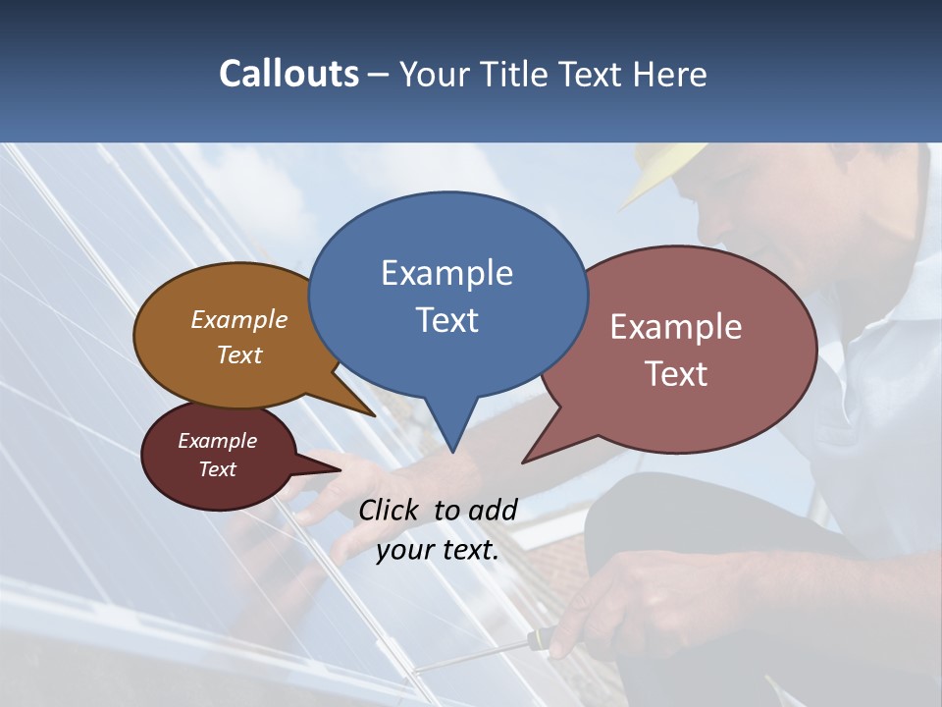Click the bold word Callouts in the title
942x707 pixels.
click(288, 74)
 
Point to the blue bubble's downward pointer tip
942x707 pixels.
click(452, 451)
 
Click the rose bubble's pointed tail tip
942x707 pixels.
click(524, 461)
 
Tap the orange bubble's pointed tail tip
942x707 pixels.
click(373, 414)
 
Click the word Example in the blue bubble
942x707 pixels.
click(446, 273)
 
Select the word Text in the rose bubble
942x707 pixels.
click(676, 374)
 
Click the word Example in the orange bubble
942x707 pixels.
click(239, 320)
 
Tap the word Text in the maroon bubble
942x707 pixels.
click(217, 469)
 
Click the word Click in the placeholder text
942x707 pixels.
click(391, 510)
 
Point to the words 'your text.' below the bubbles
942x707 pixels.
click(438, 551)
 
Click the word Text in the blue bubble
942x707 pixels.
click(446, 320)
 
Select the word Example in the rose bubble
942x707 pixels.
click(676, 327)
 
